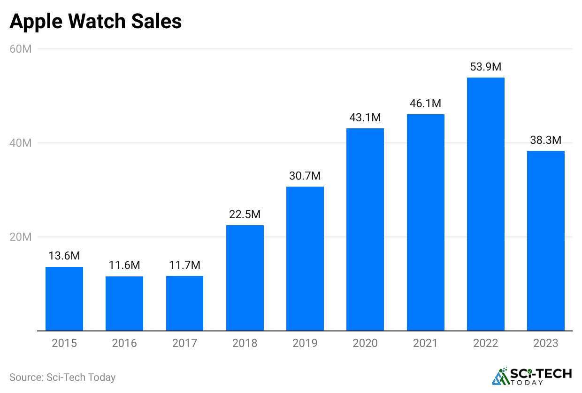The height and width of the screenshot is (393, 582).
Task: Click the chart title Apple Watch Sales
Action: coord(95,22)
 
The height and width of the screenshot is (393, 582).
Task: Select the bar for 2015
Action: coord(64,299)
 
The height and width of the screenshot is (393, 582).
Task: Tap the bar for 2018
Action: coord(245,278)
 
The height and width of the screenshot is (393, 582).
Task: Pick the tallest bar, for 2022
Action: coord(486,204)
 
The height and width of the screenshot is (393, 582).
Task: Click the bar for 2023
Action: coord(546,241)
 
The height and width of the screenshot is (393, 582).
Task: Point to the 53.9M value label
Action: coord(486,67)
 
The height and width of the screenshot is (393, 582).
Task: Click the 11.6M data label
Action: coord(124,266)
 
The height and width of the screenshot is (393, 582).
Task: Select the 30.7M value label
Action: coord(305,176)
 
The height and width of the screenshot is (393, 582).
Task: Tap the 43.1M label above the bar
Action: coord(365,118)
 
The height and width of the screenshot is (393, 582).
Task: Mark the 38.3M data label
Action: coord(546,140)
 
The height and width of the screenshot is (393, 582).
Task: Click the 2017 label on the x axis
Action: coord(184,343)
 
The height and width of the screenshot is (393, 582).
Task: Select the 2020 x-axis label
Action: coord(365,343)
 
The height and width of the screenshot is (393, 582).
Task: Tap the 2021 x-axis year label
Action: coord(425,343)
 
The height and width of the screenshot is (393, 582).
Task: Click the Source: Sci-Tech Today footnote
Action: coord(62,377)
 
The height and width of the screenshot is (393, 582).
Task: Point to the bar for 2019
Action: coord(305,259)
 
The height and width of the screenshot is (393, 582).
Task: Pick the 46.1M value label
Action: coord(425,103)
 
